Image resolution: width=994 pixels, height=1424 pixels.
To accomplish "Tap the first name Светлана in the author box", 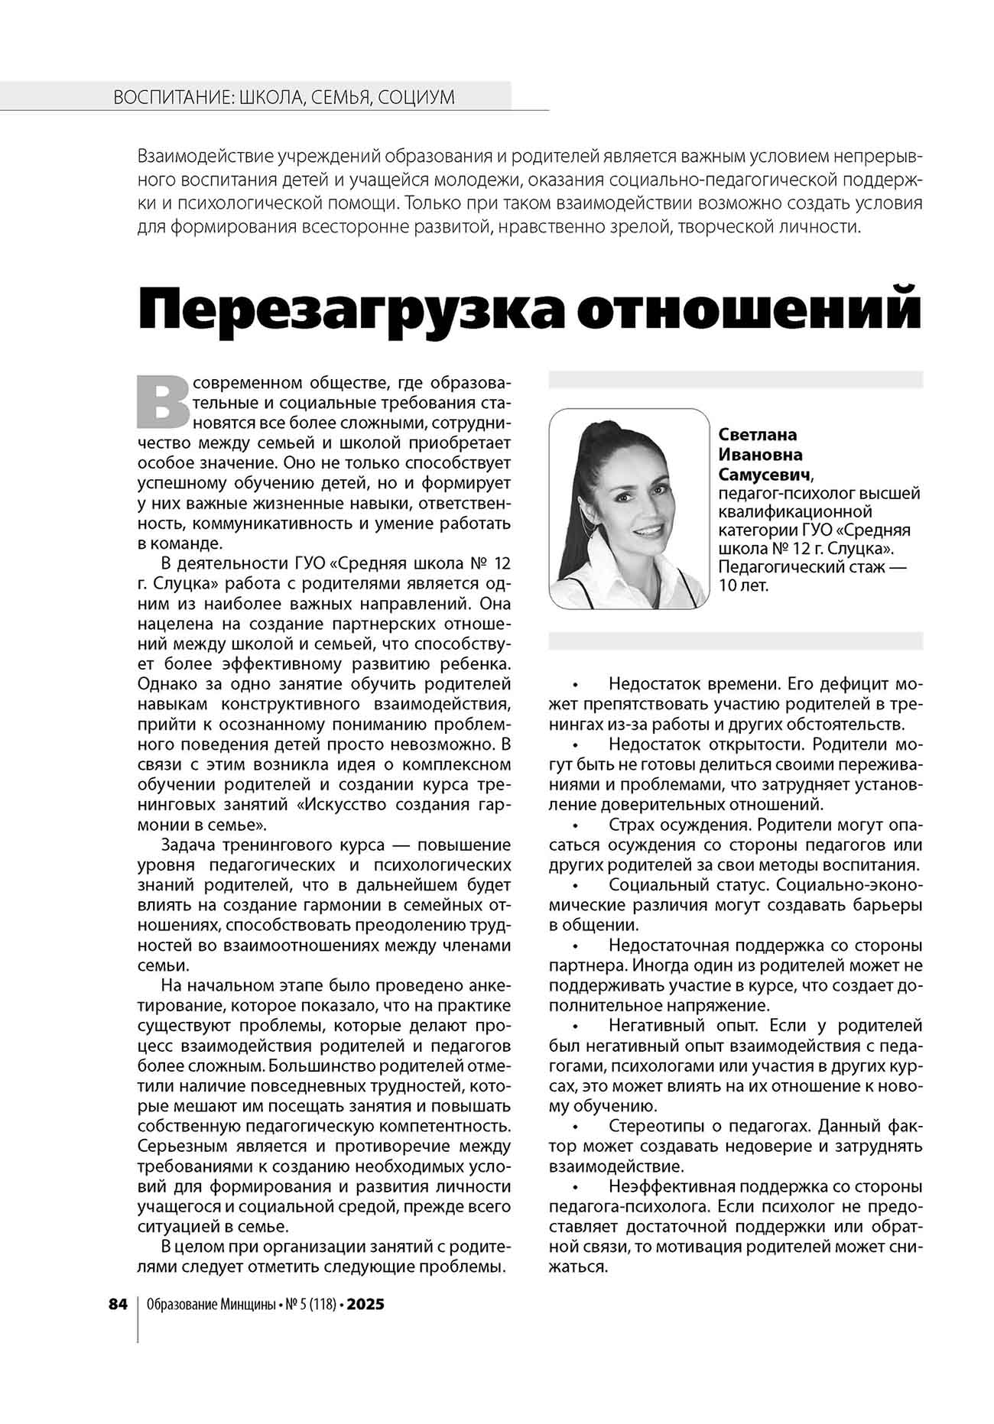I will point(757,434).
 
